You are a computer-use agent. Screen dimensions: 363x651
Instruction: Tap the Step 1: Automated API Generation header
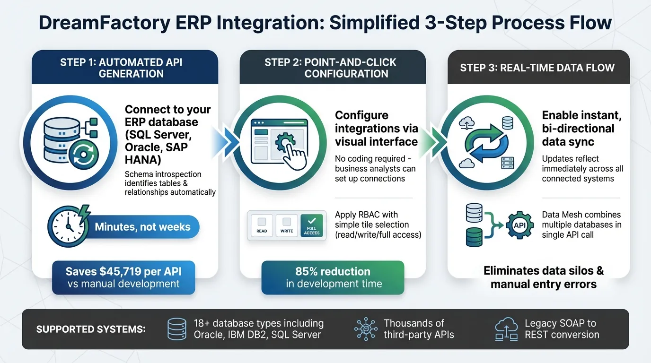124,68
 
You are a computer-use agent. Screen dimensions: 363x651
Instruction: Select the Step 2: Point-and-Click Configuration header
333,68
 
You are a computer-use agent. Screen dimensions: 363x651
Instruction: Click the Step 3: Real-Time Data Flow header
537,68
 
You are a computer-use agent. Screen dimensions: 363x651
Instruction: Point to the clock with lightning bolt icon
67,225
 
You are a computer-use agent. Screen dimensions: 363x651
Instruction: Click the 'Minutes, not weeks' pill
142,227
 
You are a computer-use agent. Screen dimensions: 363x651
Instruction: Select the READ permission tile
262,225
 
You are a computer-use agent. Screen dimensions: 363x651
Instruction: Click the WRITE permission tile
287,225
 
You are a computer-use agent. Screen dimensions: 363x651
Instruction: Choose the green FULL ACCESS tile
311,225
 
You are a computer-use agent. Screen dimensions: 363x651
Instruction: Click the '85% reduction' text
333,271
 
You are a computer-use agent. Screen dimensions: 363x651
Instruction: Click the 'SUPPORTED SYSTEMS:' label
91,329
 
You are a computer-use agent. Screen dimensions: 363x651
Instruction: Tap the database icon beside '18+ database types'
177,329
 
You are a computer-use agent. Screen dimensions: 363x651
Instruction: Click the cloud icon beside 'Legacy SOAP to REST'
506,329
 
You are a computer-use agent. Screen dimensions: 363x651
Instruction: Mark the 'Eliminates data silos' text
544,271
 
